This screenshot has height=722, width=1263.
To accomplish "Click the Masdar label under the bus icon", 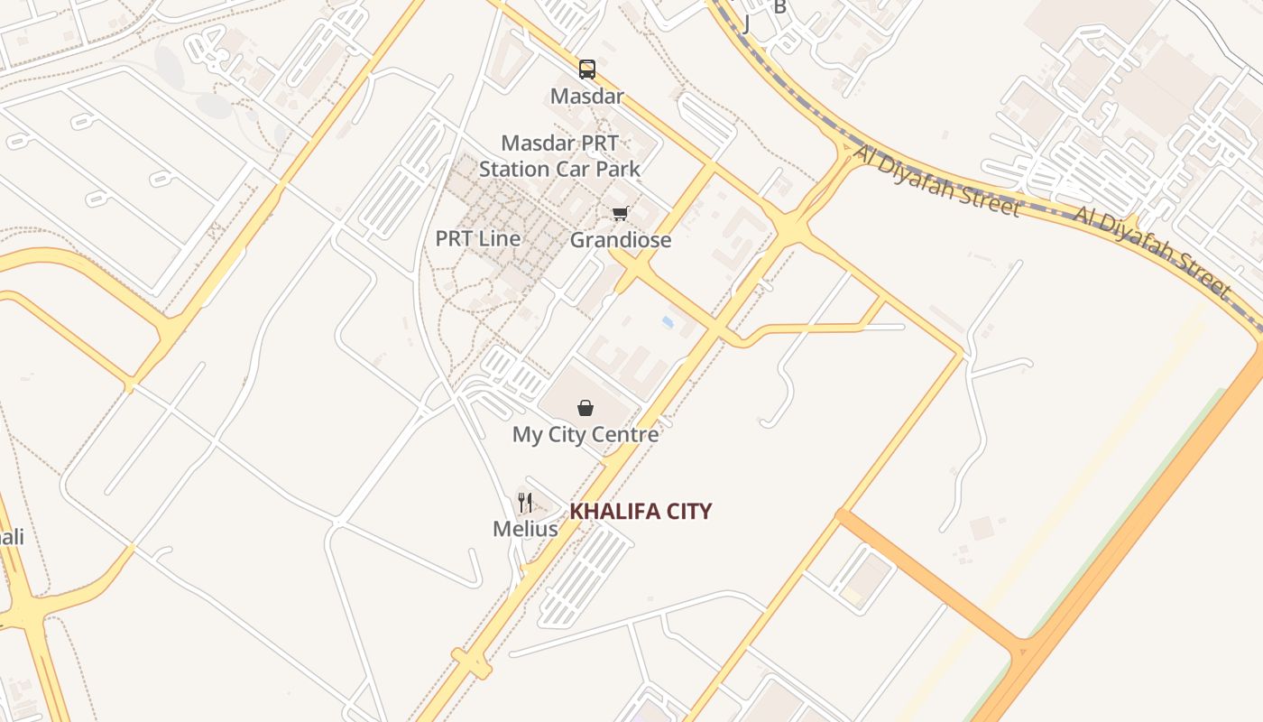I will pyautogui.click(x=587, y=96).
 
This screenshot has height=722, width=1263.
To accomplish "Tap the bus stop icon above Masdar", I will pyautogui.click(x=587, y=69).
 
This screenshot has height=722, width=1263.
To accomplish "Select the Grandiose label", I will pyautogui.click(x=621, y=240).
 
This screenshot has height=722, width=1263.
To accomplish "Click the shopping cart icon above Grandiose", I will pyautogui.click(x=620, y=214).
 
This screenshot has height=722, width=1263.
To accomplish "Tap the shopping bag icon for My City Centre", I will pyautogui.click(x=585, y=408).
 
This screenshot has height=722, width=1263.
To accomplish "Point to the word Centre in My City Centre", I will pyautogui.click(x=625, y=434).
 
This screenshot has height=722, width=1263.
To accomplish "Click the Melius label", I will pyautogui.click(x=525, y=529).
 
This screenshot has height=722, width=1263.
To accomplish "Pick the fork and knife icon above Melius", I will pyautogui.click(x=525, y=503).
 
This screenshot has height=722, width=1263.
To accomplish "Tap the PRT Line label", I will pyautogui.click(x=478, y=239).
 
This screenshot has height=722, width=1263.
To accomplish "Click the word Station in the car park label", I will pyautogui.click(x=514, y=169).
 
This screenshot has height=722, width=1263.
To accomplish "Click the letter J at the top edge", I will pyautogui.click(x=746, y=23).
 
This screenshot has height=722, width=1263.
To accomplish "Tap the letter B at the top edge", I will pyautogui.click(x=780, y=7).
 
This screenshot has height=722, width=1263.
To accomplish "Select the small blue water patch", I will pyautogui.click(x=668, y=321).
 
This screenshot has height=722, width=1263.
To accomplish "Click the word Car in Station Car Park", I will pyautogui.click(x=572, y=169).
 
